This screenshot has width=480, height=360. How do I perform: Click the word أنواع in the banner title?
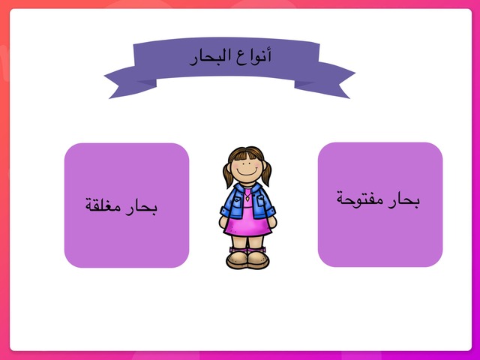point(258,56)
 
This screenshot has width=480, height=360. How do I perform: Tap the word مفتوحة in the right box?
point(359,200)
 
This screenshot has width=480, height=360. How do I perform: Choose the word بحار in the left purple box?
point(144,206)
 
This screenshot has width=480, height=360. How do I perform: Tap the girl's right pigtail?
point(266,172)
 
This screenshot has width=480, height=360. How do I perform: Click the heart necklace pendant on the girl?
point(247,202)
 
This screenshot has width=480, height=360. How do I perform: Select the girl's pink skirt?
point(247,225)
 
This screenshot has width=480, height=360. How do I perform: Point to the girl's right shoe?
point(258,259)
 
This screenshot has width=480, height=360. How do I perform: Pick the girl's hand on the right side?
point(272,223)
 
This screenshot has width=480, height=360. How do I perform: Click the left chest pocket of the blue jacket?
point(235,204)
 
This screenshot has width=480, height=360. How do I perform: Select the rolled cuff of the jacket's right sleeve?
point(270,211)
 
